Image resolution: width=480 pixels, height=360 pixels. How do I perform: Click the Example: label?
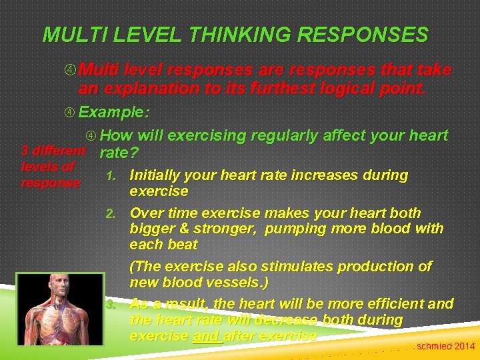tap(117, 112)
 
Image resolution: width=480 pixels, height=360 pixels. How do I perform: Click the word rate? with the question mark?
tap(119, 153)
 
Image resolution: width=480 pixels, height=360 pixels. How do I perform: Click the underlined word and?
tap(205, 336)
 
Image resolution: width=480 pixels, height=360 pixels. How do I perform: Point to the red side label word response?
tap(50, 183)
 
